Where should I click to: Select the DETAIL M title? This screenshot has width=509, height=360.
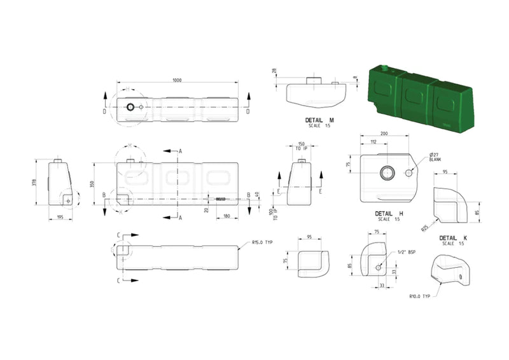319,120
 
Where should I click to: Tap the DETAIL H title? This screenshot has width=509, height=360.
389,214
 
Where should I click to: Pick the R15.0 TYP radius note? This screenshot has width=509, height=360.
261,242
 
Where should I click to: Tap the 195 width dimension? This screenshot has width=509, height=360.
60,217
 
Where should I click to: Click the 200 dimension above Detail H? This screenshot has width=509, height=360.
384,134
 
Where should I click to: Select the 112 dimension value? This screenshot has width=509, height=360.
372,142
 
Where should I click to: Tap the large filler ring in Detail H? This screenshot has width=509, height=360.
387,173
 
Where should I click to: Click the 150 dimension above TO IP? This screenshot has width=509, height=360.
301,144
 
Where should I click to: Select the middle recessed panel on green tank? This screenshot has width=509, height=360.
414,96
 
